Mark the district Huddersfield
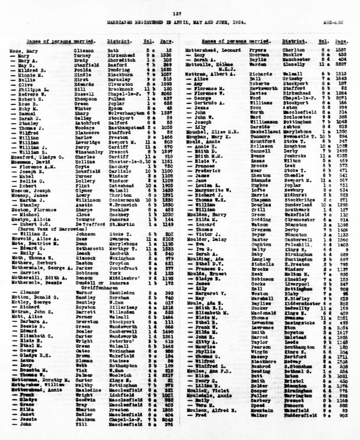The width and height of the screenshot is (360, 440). point(296,431)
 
